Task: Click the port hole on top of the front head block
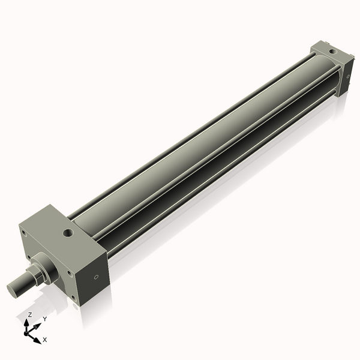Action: pos(67,231)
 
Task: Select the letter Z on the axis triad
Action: pos(29,314)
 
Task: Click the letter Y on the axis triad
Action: pos(45,320)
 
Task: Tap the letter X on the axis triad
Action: pos(45,340)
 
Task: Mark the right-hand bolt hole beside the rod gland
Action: pos(70,273)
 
